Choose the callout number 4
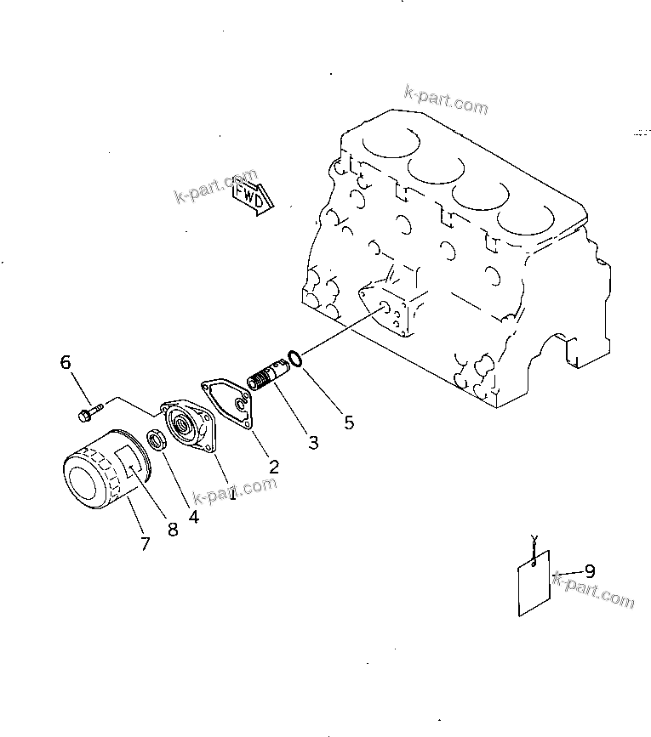pyautogui.click(x=194, y=515)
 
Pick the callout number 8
pyautogui.click(x=173, y=529)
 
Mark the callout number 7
pyautogui.click(x=145, y=543)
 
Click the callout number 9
pyautogui.click(x=589, y=571)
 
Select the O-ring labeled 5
pyautogui.click(x=294, y=360)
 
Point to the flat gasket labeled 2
pyautogui.click(x=230, y=400)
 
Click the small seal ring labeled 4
pyautogui.click(x=157, y=440)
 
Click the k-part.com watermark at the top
pyautogui.click(x=446, y=104)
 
